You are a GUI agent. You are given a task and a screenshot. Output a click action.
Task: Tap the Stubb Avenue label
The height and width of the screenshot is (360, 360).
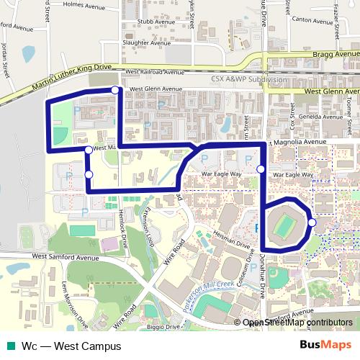click(x=141, y=31)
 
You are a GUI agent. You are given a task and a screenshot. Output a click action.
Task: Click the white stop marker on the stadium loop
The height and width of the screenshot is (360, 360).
click(x=312, y=222)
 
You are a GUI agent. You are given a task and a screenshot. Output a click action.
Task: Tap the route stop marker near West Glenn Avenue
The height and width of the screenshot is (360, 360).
click(x=115, y=90)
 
